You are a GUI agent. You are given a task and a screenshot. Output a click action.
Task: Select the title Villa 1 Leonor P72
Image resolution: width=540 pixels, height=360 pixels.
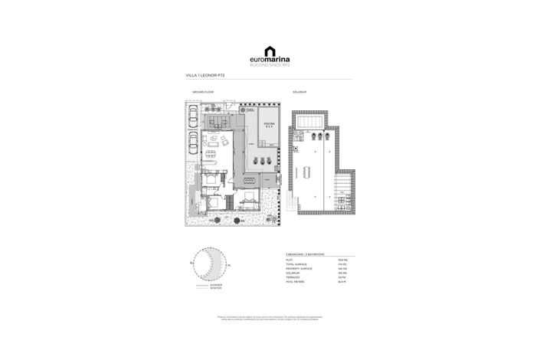point(205,77)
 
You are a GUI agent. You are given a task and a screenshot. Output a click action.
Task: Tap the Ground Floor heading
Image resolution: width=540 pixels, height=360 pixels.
point(203,92)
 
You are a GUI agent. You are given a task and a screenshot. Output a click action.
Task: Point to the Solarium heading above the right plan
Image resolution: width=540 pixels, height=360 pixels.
point(299,92)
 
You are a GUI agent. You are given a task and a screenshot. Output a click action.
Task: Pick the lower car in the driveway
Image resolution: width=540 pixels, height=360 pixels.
point(192,142)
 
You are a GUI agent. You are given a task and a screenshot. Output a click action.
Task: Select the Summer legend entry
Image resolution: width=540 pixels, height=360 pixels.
point(215,285)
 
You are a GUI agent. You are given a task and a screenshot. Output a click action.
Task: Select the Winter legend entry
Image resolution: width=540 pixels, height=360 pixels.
point(215,289)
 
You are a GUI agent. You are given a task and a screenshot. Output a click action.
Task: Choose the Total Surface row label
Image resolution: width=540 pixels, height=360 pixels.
point(295,263)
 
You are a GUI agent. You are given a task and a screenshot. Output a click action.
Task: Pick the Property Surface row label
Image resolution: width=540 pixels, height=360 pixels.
point(297,268)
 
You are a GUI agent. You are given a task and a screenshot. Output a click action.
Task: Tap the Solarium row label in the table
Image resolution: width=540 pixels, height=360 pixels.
point(292,273)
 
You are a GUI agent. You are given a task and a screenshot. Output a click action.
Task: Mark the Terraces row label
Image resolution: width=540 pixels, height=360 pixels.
point(292,277)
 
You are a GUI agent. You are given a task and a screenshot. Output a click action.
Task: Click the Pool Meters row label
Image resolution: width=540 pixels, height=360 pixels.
point(293,282)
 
